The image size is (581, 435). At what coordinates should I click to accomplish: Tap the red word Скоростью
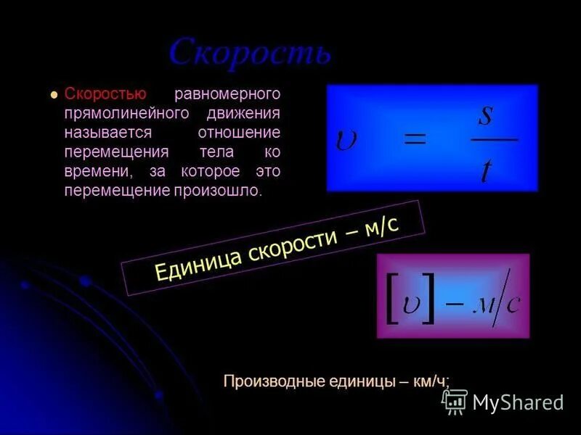click(106, 94)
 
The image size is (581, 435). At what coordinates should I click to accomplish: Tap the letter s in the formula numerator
click(486, 114)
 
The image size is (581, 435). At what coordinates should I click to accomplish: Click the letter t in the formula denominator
click(486, 170)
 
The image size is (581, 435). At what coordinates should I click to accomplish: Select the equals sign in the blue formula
click(415, 138)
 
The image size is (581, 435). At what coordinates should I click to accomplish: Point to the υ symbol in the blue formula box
click(345, 139)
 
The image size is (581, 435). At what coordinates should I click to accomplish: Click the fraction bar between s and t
click(494, 138)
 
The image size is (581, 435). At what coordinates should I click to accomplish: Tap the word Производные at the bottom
click(272, 381)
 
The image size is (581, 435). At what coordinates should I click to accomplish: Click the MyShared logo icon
click(455, 401)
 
